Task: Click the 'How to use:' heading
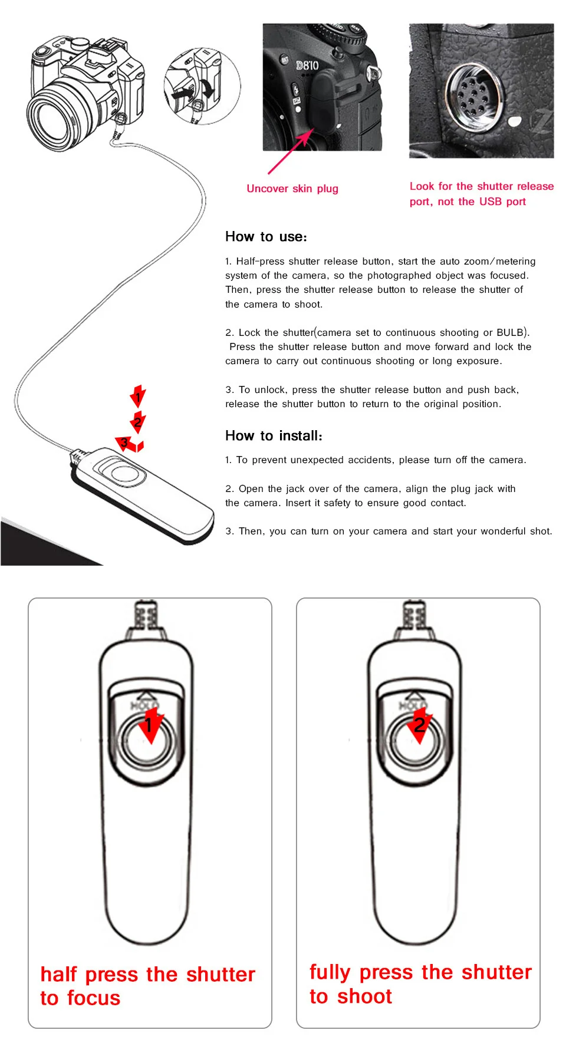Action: (x=266, y=237)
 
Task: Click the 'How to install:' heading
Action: (x=274, y=436)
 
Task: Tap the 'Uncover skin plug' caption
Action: (x=292, y=189)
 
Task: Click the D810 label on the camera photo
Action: (x=307, y=65)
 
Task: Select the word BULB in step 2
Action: (x=510, y=332)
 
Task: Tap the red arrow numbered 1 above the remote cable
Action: (x=138, y=397)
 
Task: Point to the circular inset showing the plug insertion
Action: (x=202, y=87)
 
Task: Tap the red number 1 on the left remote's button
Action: (x=149, y=725)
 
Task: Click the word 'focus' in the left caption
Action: (x=93, y=998)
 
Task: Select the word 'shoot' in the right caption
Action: (x=364, y=996)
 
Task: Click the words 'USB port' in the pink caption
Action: (x=502, y=202)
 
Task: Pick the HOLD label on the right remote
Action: (x=412, y=705)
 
